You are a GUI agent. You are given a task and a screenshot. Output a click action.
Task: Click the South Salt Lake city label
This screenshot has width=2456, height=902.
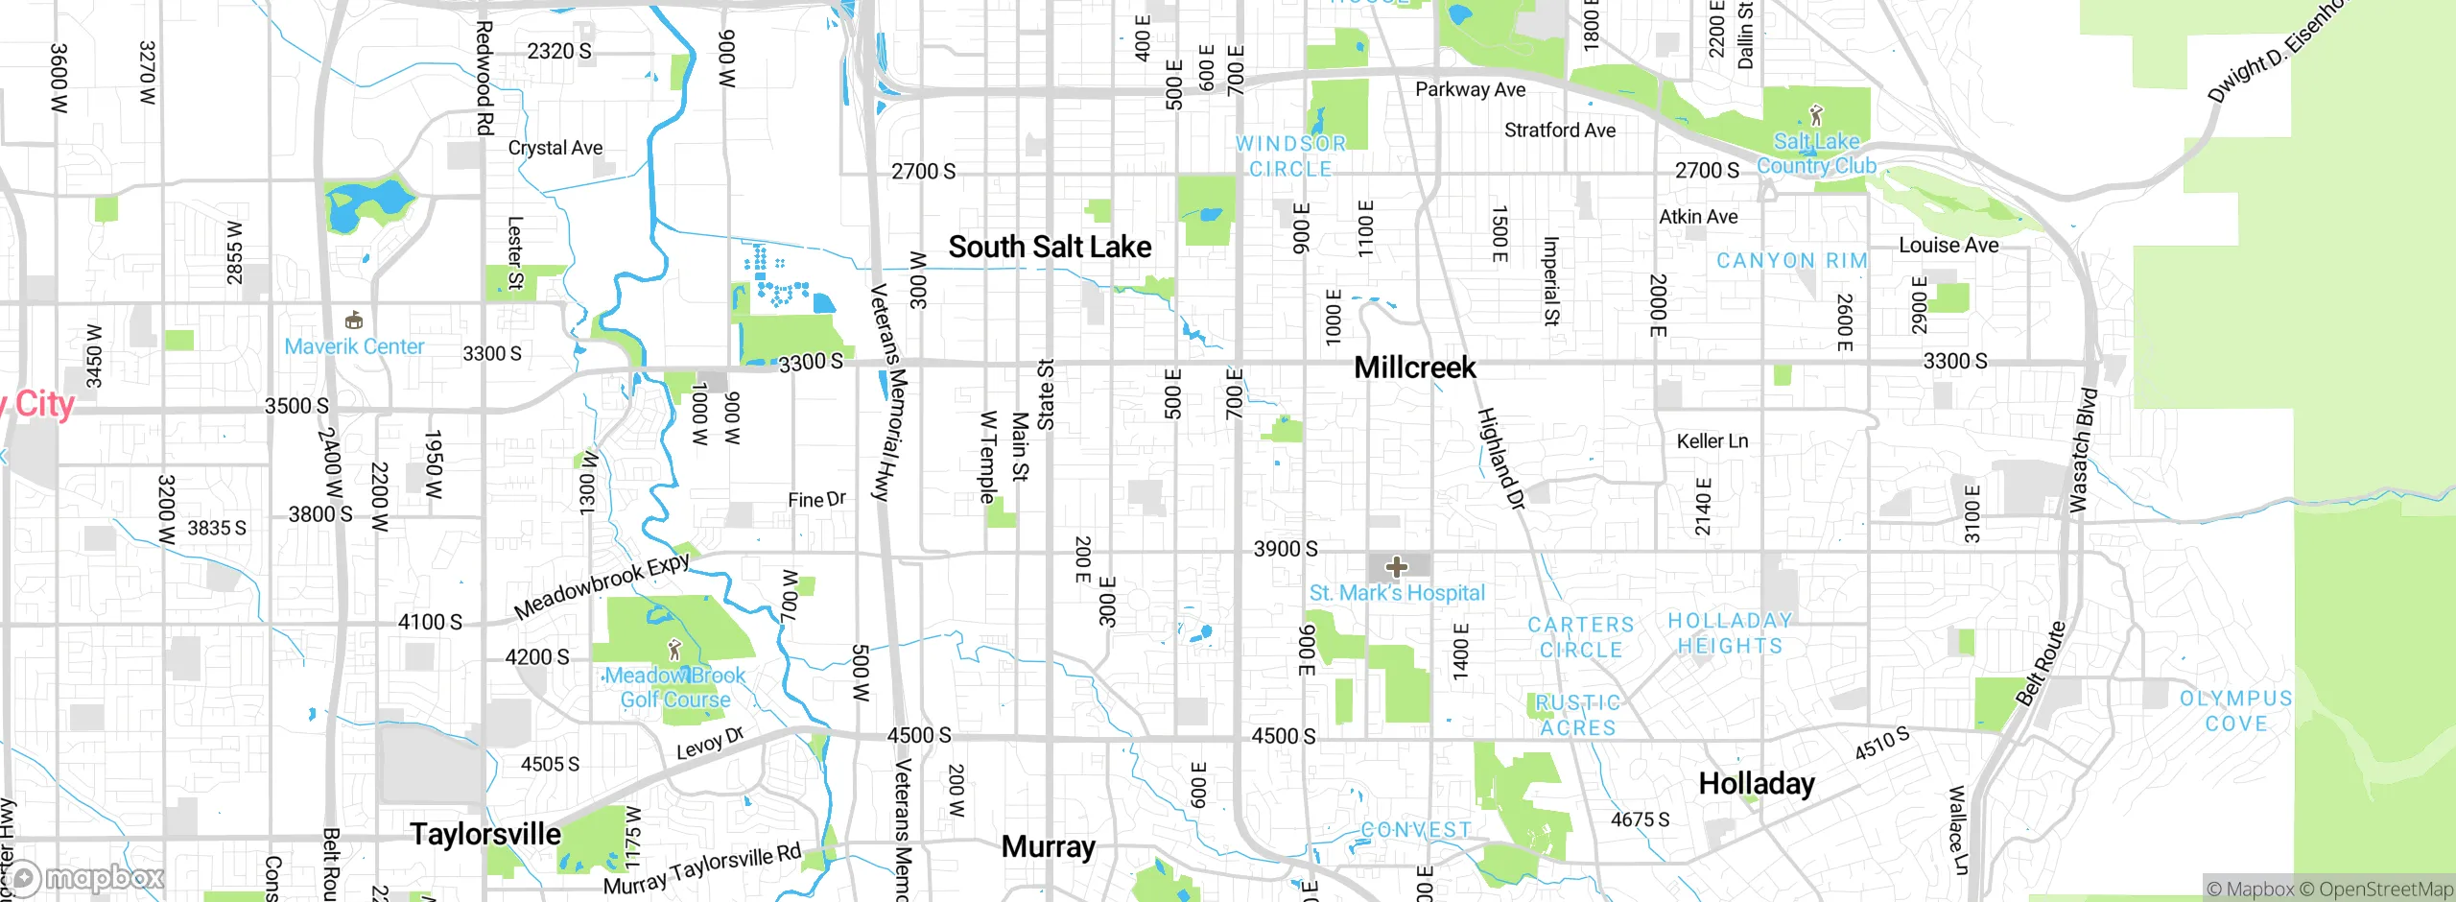point(1050,248)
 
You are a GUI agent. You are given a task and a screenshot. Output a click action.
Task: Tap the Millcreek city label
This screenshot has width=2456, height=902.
point(1414,368)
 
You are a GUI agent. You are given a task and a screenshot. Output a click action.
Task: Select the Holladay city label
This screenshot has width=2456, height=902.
point(1756,784)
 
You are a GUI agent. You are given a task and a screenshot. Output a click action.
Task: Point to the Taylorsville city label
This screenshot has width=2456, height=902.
point(485,834)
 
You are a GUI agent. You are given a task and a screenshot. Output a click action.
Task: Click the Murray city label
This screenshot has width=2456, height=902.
point(1048,846)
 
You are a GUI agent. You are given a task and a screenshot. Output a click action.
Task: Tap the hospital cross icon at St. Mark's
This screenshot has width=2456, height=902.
point(1397,566)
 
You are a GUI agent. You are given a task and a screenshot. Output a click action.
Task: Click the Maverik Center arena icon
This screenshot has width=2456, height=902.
point(354,320)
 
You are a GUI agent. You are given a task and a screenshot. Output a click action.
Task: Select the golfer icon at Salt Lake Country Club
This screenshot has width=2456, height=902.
point(1815,116)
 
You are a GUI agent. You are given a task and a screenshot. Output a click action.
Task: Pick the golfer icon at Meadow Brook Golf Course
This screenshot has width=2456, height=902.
point(674,650)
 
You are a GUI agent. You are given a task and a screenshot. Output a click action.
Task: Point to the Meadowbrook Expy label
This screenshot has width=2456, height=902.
point(602,586)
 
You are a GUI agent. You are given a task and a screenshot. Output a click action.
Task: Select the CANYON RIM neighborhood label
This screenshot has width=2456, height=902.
point(1791,261)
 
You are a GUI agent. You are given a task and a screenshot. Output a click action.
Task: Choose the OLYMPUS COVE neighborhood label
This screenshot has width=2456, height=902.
point(2235,711)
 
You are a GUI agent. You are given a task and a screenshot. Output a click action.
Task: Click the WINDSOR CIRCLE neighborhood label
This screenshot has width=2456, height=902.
point(1290,156)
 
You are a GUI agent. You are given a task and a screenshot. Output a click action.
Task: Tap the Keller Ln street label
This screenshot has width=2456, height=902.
point(1712,441)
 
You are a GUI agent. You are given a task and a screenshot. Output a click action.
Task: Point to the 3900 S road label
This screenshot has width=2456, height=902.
point(1286,549)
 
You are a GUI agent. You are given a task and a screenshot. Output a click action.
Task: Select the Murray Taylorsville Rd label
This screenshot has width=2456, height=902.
point(701,869)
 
